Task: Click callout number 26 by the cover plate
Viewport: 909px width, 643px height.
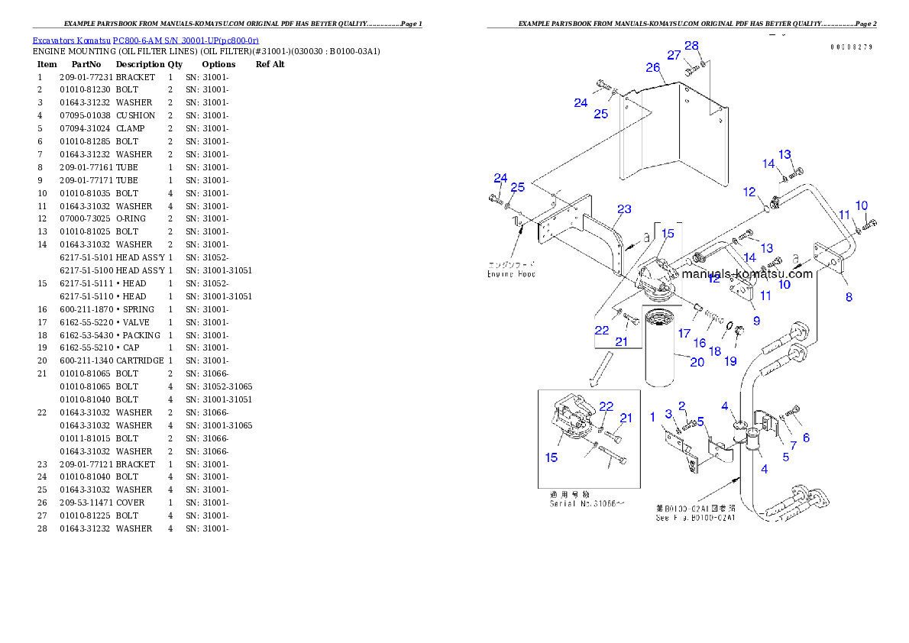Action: (652, 67)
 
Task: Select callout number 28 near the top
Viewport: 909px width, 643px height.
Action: (691, 46)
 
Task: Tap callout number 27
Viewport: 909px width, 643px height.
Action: (674, 55)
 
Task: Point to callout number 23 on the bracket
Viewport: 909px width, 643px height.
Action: (625, 208)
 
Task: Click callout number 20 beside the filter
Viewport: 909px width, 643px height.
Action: (697, 362)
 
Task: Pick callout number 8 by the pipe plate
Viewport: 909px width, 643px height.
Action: (849, 297)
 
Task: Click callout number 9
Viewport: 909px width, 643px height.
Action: (756, 321)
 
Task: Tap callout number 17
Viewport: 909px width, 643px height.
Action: (684, 333)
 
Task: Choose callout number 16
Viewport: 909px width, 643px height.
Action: (699, 344)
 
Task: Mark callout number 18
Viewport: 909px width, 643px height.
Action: (714, 351)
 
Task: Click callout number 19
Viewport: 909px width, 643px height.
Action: (731, 360)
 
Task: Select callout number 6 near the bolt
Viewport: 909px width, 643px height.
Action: (806, 438)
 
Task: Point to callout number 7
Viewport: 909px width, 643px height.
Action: (793, 445)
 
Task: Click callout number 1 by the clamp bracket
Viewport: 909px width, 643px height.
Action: (652, 416)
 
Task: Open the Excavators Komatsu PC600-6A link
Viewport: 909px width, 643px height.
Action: (145, 40)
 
